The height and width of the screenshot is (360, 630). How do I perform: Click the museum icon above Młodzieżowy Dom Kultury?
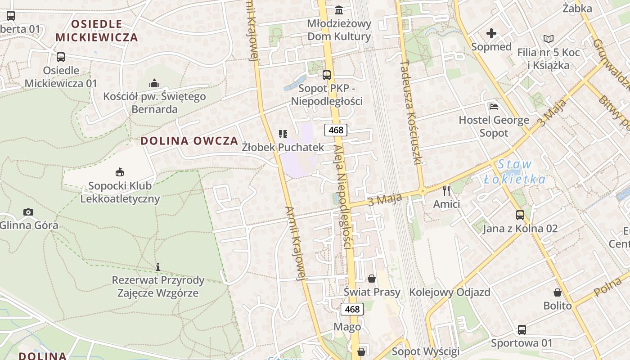tap(339, 10)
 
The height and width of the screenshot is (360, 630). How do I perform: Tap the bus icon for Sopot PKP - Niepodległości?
tap(327, 75)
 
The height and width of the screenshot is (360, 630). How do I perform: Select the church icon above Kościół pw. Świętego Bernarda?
tap(154, 83)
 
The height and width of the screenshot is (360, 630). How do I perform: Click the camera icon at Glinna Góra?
tap(28, 212)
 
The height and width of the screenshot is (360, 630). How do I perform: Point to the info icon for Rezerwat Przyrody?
tap(158, 267)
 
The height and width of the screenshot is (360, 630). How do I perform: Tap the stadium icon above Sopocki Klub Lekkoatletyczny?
tap(120, 172)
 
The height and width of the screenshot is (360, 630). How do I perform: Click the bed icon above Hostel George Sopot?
tap(494, 107)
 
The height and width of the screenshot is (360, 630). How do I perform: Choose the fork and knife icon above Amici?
tap(446, 191)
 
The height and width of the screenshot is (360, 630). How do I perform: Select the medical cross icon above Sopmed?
tap(491, 33)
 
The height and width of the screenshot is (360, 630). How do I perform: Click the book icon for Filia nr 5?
tap(548, 39)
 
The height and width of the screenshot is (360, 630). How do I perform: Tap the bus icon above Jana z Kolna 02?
tap(520, 215)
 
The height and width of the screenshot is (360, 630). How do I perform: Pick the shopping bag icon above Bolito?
tap(558, 292)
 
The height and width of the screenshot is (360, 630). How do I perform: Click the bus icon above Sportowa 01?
tap(522, 330)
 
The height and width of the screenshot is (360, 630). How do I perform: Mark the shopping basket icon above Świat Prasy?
tap(372, 279)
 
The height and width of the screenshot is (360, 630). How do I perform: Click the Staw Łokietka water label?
tap(515, 172)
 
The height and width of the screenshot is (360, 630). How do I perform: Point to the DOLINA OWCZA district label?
tap(189, 141)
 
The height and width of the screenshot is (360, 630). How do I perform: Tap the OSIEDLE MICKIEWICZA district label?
tap(97, 31)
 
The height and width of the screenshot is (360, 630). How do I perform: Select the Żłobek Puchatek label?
tap(283, 147)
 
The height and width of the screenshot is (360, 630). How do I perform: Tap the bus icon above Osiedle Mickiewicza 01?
tap(61, 57)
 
